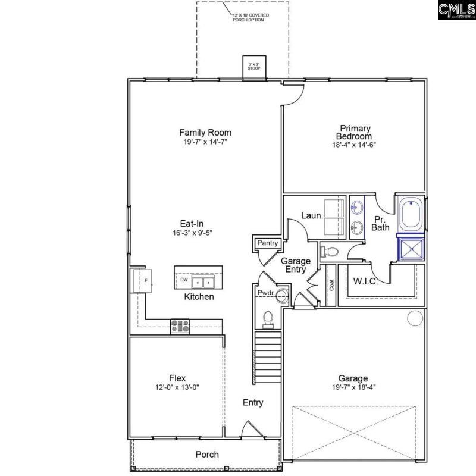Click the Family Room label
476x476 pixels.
(x=205, y=133)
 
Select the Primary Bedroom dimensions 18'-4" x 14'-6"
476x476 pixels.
(x=355, y=145)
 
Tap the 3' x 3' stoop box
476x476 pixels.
(x=254, y=67)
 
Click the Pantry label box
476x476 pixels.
(x=267, y=243)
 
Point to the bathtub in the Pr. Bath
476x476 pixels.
(x=411, y=216)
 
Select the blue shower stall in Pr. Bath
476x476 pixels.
(x=411, y=249)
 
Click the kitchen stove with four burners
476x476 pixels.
(x=180, y=326)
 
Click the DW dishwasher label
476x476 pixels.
(x=184, y=280)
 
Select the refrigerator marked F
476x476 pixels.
(x=143, y=280)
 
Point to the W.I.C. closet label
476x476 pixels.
(x=365, y=281)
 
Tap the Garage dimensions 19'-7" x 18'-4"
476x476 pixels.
(x=353, y=387)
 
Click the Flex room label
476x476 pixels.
(x=177, y=378)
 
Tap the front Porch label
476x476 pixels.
(x=207, y=455)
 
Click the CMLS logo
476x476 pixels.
(x=456, y=10)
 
